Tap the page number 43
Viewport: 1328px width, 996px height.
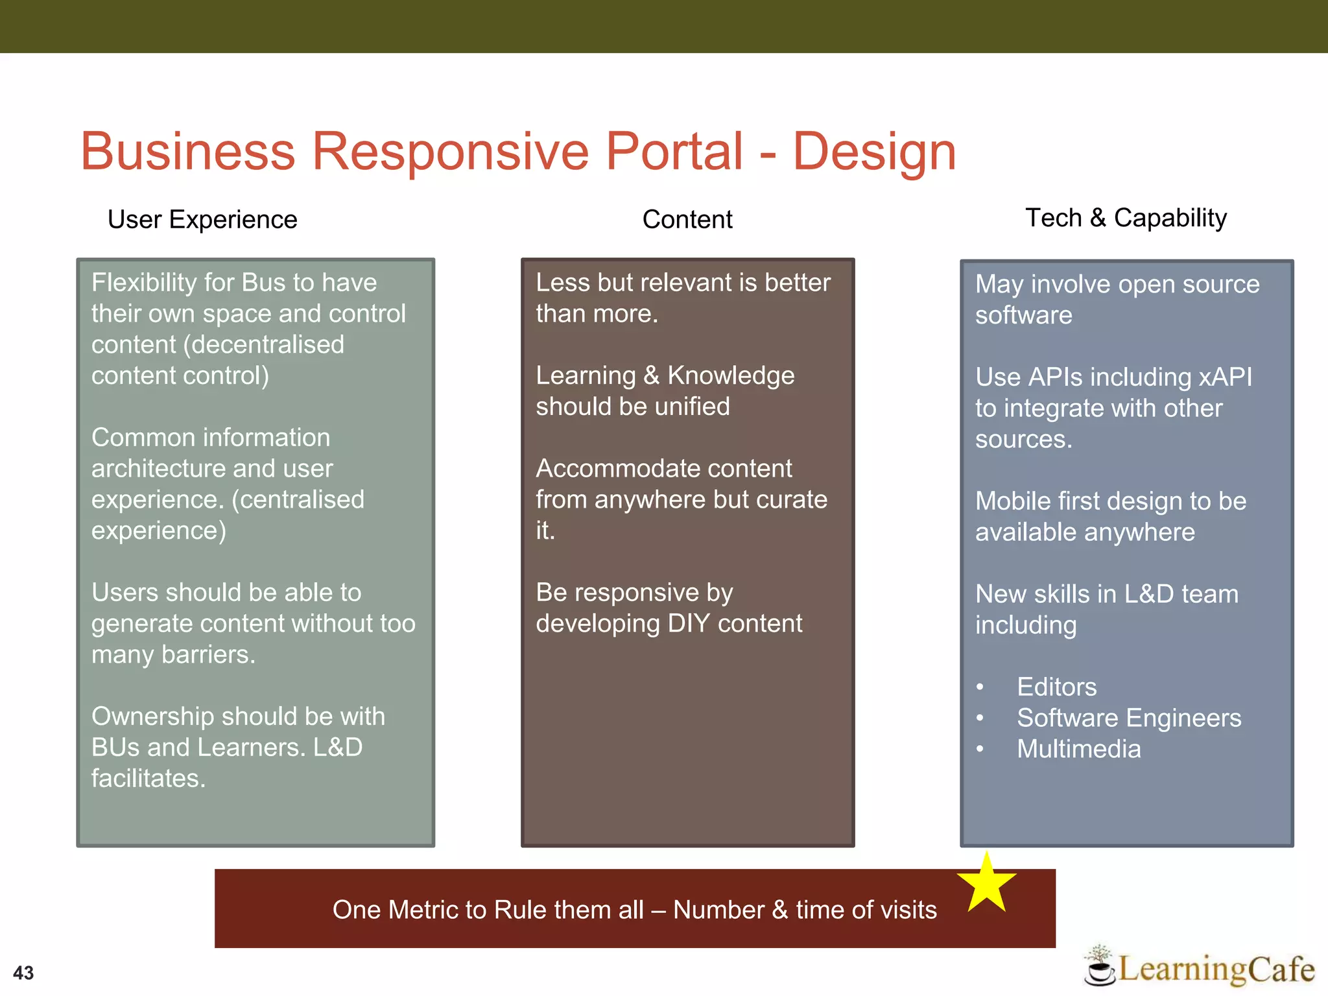(x=23, y=973)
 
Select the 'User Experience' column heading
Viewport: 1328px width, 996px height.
(x=202, y=220)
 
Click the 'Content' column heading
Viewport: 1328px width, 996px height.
(x=687, y=220)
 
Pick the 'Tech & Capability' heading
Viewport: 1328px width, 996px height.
(x=1126, y=218)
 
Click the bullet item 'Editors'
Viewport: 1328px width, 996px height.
(x=1056, y=687)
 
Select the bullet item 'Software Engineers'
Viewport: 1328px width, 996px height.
(x=1128, y=718)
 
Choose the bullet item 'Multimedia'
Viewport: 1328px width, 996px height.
(x=1078, y=749)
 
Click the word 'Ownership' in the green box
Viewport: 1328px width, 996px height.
(x=152, y=717)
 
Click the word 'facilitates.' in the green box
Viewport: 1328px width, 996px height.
(x=148, y=779)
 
